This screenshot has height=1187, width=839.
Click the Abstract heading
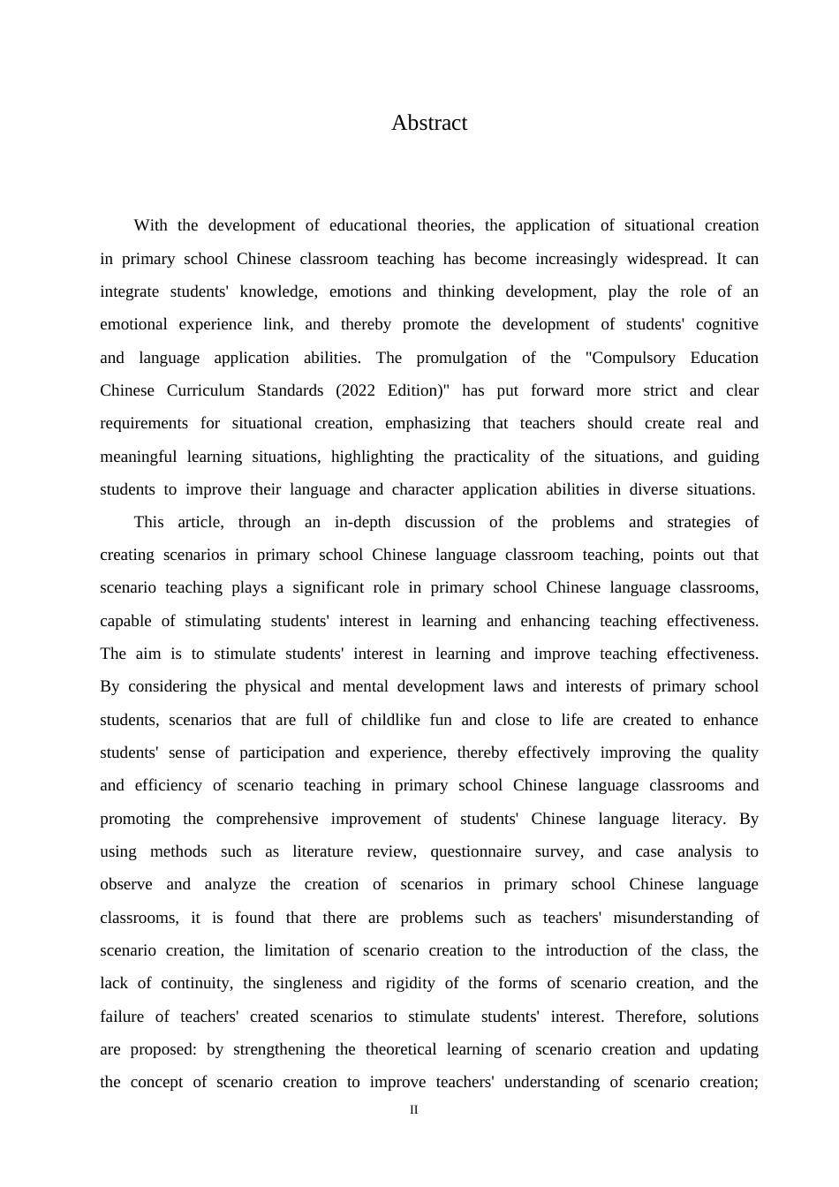click(x=429, y=123)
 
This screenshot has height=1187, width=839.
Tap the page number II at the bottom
click(x=413, y=1109)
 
